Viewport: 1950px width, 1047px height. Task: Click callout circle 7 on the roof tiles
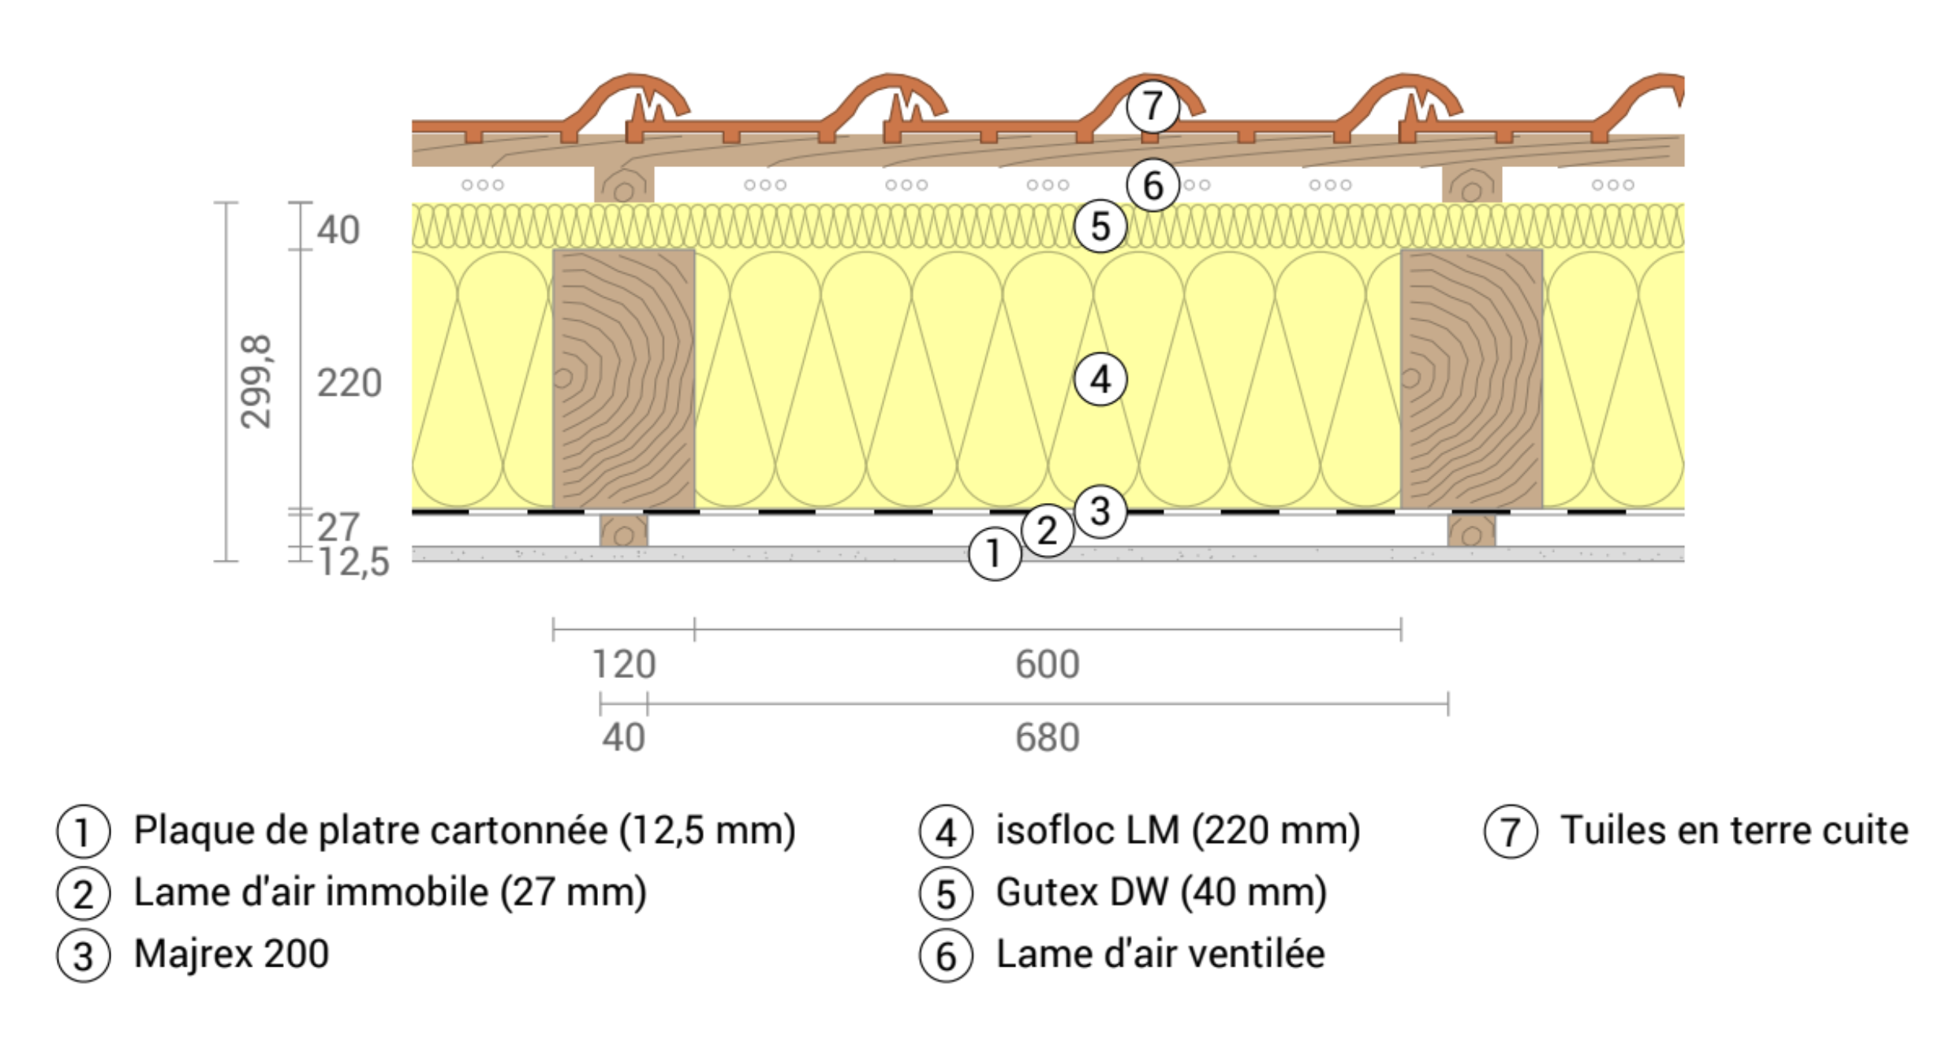click(1152, 106)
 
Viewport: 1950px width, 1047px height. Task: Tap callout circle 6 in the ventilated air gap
click(1152, 186)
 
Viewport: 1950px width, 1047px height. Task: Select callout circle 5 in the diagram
click(1100, 227)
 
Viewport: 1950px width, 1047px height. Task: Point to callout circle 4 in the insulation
click(1100, 380)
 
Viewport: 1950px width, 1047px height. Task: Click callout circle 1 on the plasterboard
click(994, 554)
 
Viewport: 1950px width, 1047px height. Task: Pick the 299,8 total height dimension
click(256, 382)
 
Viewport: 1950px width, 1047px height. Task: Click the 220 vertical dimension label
click(349, 384)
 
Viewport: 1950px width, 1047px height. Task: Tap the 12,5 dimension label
click(354, 562)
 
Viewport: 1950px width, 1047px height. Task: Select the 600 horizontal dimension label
click(1047, 664)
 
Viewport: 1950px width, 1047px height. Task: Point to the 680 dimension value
click(1047, 738)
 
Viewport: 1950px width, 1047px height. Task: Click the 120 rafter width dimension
click(623, 664)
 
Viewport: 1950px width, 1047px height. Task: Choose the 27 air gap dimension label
click(338, 527)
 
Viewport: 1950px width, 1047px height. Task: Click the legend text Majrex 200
click(231, 954)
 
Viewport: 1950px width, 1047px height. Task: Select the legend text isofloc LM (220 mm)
click(1178, 830)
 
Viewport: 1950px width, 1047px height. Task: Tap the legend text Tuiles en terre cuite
click(1734, 830)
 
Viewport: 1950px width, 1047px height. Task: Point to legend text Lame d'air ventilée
click(1160, 954)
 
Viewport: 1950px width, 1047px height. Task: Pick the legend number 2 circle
click(83, 894)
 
